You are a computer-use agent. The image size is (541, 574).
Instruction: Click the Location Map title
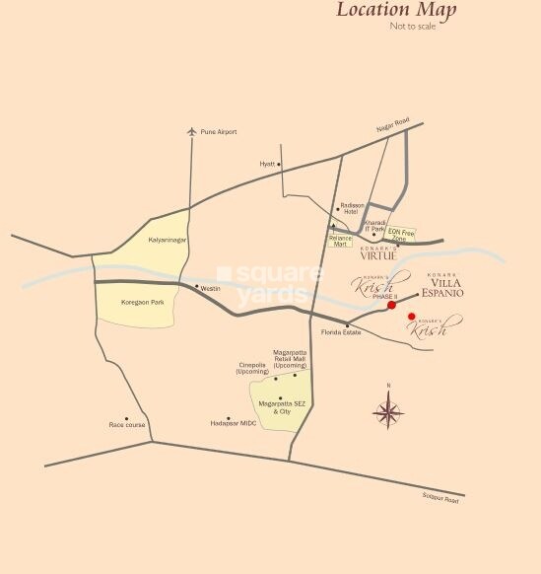(x=396, y=11)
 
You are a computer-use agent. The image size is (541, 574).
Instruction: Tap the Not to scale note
(x=412, y=27)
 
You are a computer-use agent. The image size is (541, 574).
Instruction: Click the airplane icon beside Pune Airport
(x=192, y=131)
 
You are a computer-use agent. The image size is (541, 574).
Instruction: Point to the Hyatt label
(x=266, y=164)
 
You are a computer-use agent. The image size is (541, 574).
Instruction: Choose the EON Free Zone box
(x=401, y=235)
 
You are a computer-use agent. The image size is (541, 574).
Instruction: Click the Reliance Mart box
(x=340, y=240)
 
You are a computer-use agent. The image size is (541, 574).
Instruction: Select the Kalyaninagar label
(x=167, y=241)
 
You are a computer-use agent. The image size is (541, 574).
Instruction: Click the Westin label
(x=211, y=288)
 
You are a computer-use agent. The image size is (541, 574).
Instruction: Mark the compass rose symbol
(x=388, y=410)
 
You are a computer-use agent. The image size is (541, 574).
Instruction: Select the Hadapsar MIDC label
(x=233, y=424)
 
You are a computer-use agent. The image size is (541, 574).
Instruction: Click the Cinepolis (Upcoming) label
(x=252, y=369)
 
